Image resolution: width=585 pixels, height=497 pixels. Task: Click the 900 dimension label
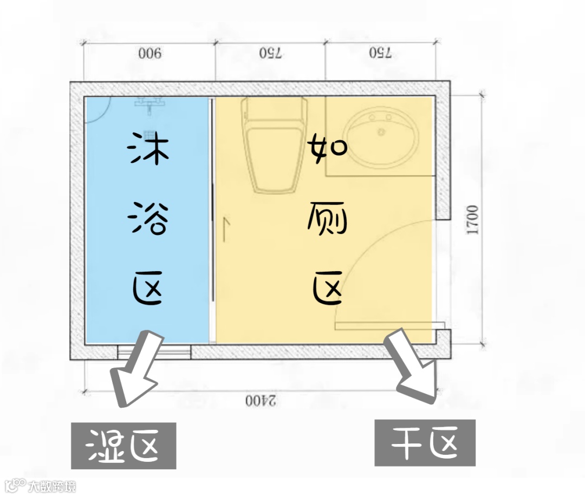[x=149, y=54]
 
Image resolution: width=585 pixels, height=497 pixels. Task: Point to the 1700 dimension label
[x=473, y=219]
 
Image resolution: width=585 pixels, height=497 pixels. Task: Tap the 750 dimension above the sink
[x=380, y=53]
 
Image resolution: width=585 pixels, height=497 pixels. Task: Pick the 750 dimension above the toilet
[x=270, y=53]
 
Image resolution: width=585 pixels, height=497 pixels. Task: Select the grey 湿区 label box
[x=123, y=445]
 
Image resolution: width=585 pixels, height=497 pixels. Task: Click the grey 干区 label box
[x=425, y=442]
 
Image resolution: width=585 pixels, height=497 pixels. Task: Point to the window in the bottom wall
[x=154, y=351]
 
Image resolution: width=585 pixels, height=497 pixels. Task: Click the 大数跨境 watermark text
[x=53, y=486]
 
